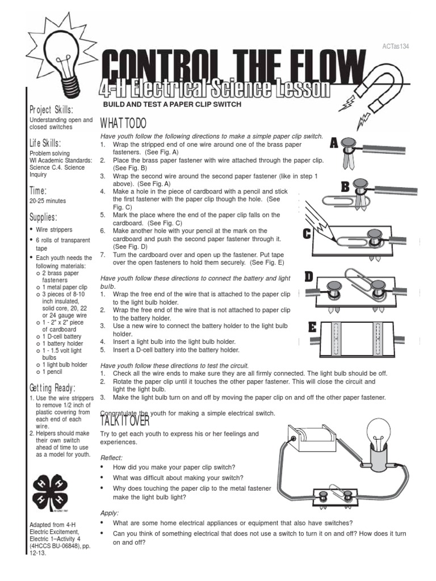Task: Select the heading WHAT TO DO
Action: click(123, 124)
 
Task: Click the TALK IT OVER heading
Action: click(125, 421)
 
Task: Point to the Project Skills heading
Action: click(51, 110)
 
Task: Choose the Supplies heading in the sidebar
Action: click(43, 217)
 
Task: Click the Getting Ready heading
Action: click(52, 388)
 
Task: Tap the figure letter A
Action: click(334, 143)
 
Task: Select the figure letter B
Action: click(345, 187)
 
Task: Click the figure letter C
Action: click(307, 233)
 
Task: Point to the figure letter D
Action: click(309, 277)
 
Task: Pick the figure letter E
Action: click(312, 327)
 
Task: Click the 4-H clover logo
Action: click(54, 489)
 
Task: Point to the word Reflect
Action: click(111, 457)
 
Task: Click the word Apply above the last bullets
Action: click(109, 512)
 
